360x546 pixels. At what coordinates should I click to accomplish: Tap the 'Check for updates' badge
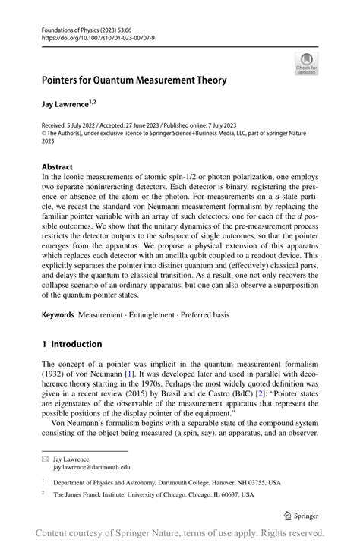pyautogui.click(x=307, y=64)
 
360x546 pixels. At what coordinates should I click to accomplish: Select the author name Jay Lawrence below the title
pyautogui.click(x=69, y=102)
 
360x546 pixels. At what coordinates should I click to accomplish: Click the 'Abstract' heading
pyautogui.click(x=57, y=166)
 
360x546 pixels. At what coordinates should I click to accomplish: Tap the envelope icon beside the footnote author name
pyautogui.click(x=46, y=459)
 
